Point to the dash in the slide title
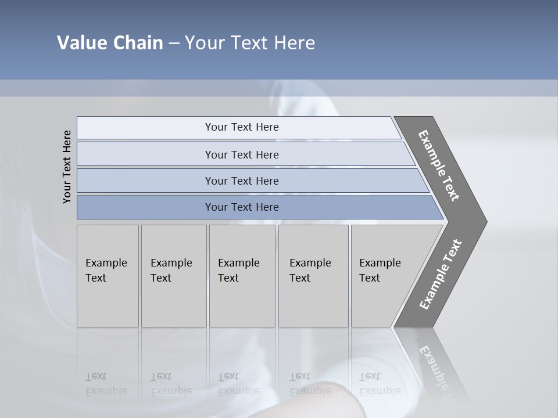(x=174, y=44)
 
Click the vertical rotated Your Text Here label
(x=67, y=167)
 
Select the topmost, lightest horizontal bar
(x=241, y=127)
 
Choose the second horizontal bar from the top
(x=241, y=154)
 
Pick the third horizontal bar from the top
(x=241, y=181)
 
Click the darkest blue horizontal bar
(x=241, y=207)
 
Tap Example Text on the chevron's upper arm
(x=439, y=165)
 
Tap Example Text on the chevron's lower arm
(x=440, y=275)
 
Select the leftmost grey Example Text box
(x=108, y=276)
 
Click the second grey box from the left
(x=173, y=276)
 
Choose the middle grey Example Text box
(x=241, y=276)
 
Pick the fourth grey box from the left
(x=313, y=276)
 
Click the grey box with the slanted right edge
(x=384, y=276)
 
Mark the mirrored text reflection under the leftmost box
(x=106, y=384)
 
